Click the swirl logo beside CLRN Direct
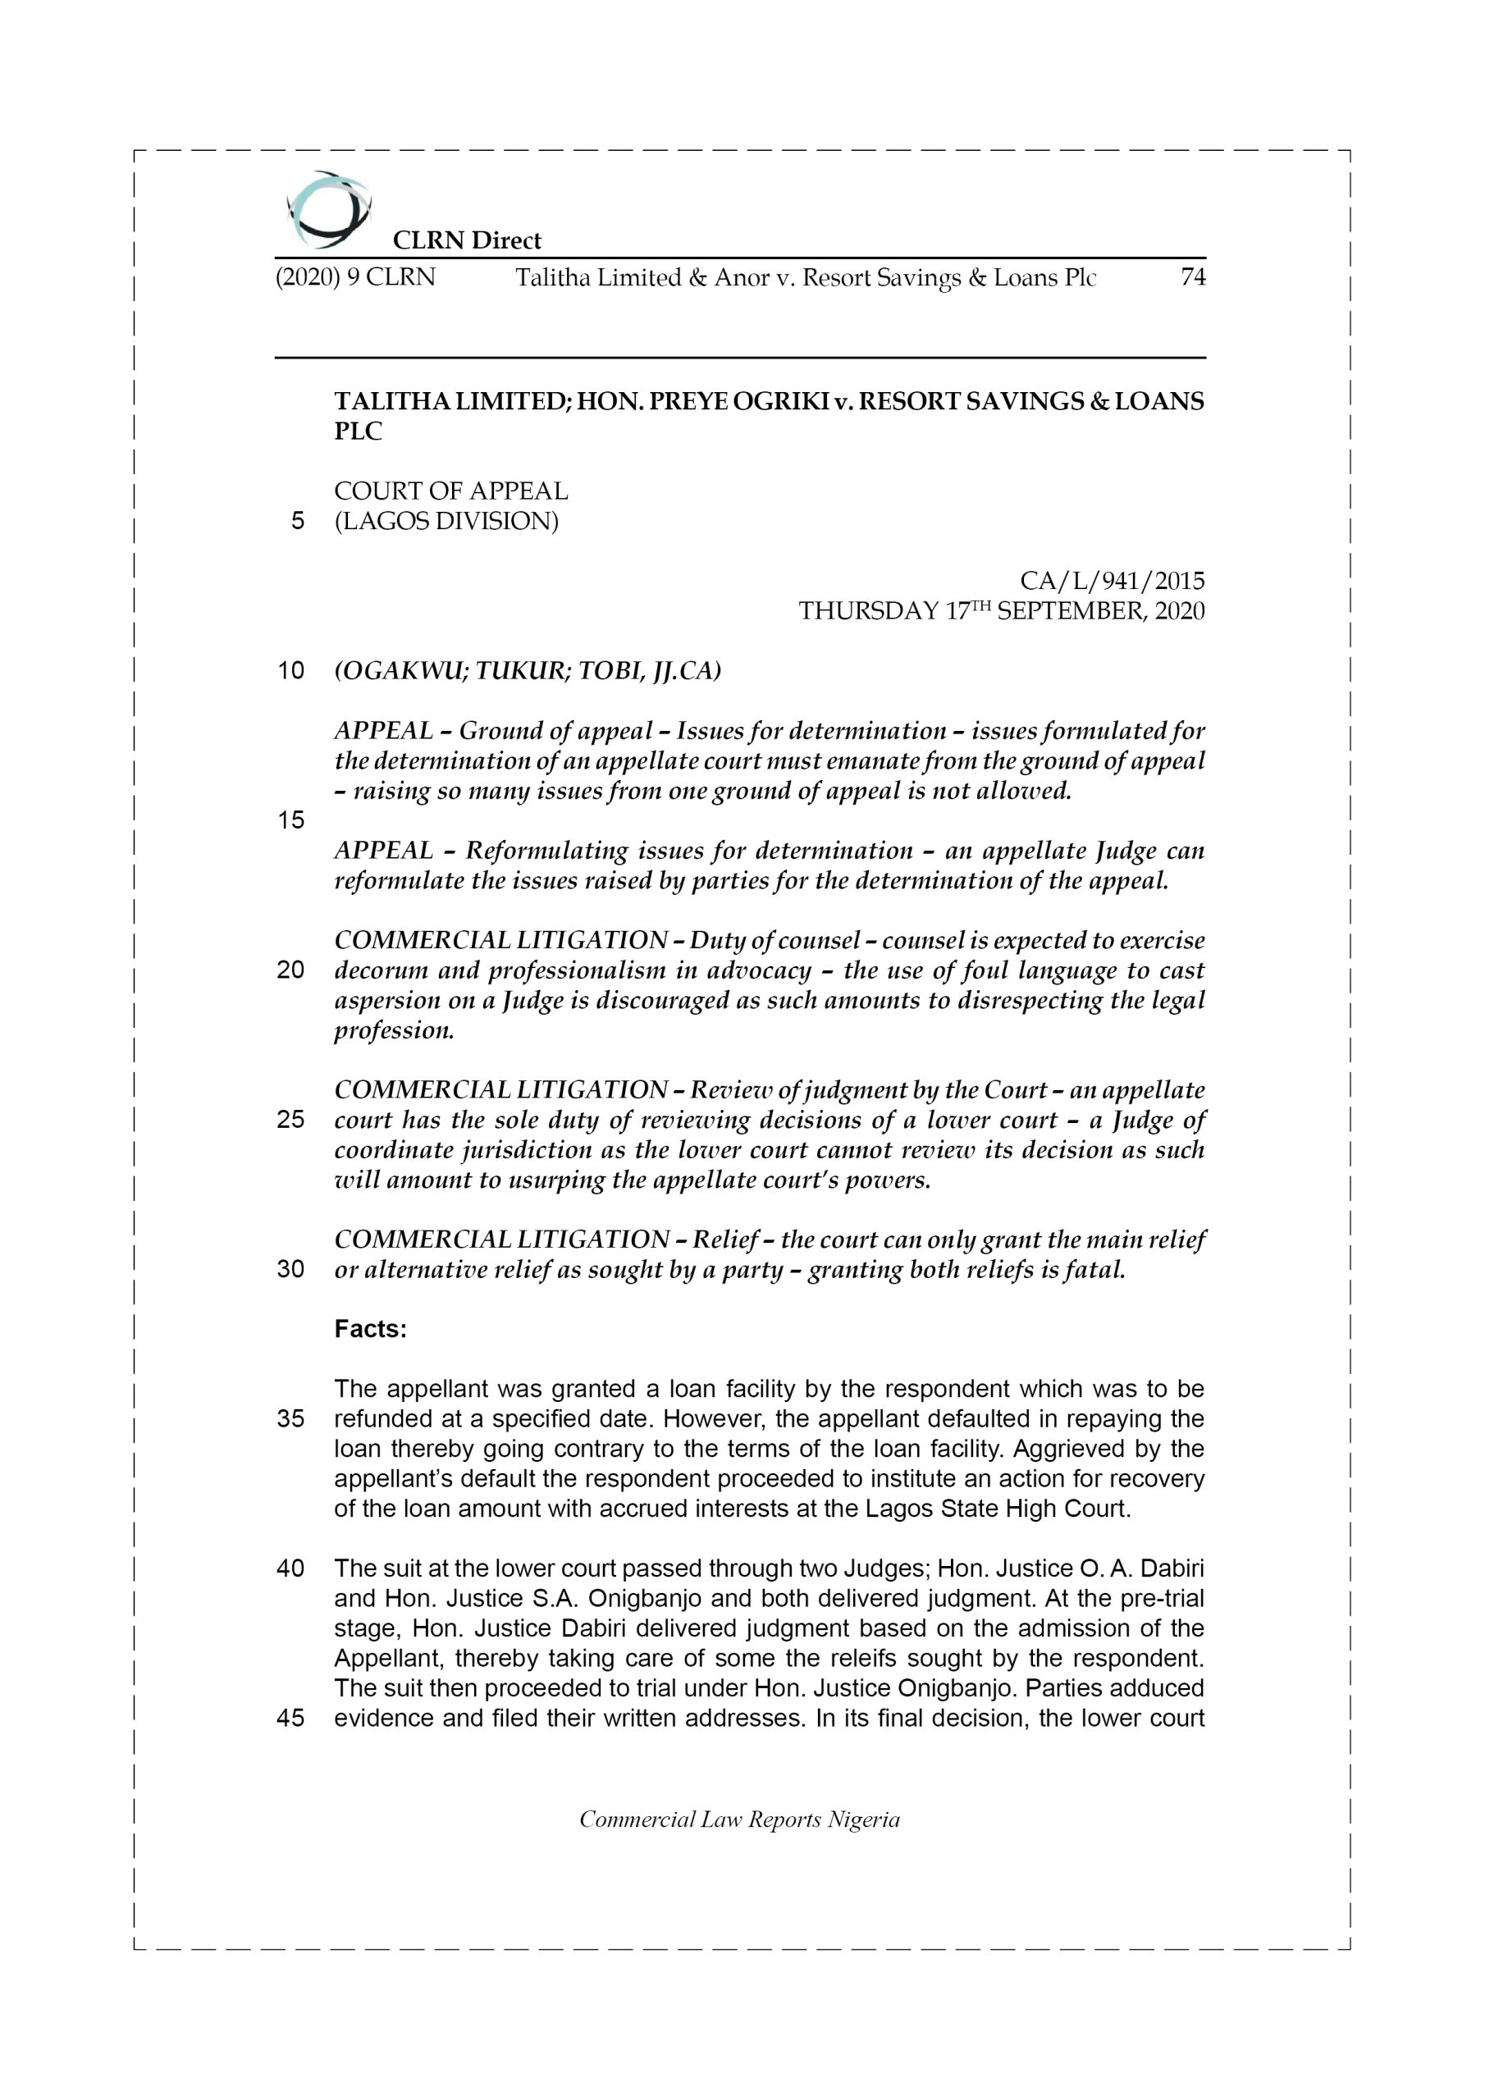coord(327,209)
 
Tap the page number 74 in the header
coord(1192,277)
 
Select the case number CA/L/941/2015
coord(1112,581)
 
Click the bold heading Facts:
coord(370,1329)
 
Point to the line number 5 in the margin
coord(297,522)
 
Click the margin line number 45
coord(290,1718)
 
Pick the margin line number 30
coord(290,1270)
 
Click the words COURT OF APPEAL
coord(450,491)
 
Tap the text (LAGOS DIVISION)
coord(445,522)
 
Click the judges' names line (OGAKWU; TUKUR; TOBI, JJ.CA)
coord(527,670)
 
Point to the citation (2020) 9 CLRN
coord(355,277)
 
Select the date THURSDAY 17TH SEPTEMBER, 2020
coord(1001,611)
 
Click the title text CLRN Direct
coord(467,240)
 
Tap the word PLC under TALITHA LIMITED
coord(358,431)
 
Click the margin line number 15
coord(290,820)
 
